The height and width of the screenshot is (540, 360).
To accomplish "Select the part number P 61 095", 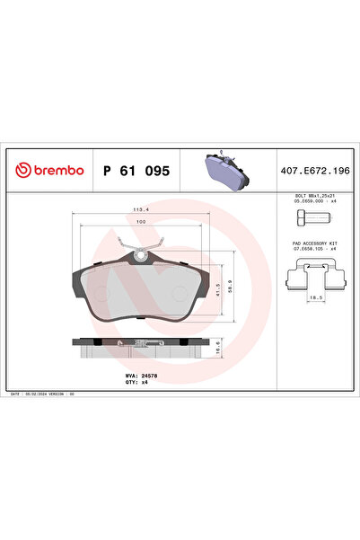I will [136, 170].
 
